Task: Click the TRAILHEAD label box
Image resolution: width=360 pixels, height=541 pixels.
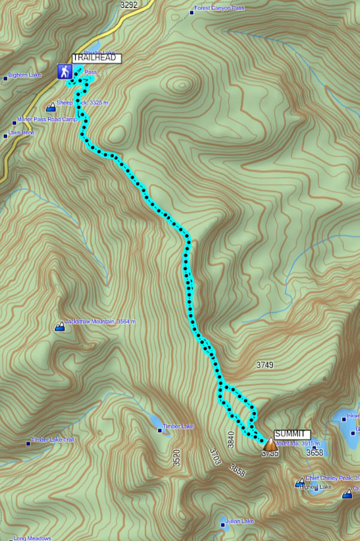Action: [x=97, y=58]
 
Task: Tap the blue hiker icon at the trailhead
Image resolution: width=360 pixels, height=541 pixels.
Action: [x=64, y=72]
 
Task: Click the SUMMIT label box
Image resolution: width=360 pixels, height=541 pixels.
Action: [x=292, y=434]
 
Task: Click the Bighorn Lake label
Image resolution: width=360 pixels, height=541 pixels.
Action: [x=25, y=76]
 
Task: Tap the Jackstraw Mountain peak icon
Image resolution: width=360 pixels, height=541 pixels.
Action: [x=59, y=327]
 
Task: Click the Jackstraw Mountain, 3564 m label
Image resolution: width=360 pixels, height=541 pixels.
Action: [x=100, y=322]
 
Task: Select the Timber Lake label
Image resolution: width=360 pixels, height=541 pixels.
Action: [x=179, y=426]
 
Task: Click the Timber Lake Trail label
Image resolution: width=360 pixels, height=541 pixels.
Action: [x=53, y=440]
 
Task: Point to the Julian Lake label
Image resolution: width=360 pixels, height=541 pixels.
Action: [x=241, y=521]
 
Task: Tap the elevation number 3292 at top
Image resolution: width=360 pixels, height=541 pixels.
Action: [x=128, y=5]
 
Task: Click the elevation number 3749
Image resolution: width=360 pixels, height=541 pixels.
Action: [x=265, y=364]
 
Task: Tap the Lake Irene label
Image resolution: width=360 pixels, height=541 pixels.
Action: [x=22, y=133]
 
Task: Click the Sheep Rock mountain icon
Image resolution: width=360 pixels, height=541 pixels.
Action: [x=50, y=107]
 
